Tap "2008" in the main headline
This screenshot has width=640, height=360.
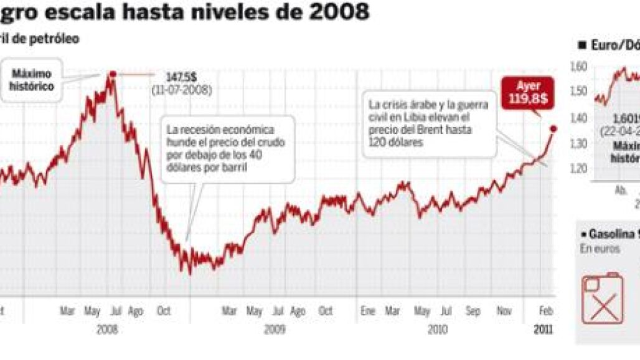coord(337,11)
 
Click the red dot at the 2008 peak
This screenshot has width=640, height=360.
coord(113,74)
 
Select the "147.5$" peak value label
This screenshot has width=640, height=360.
coord(181,77)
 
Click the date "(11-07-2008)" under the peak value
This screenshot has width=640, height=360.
coord(181,90)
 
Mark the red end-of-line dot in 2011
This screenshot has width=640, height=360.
coord(553,128)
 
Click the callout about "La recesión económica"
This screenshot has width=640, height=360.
coord(227,149)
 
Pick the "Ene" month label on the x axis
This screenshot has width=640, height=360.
coord(367,311)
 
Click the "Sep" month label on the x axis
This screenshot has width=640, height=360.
coord(473,311)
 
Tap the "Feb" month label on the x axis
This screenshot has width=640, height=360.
coord(545,311)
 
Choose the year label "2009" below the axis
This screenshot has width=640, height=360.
coord(274,329)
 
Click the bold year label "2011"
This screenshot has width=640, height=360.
coord(543,329)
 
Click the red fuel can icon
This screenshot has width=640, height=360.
coord(602,299)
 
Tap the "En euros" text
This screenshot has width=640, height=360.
coord(600,249)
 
